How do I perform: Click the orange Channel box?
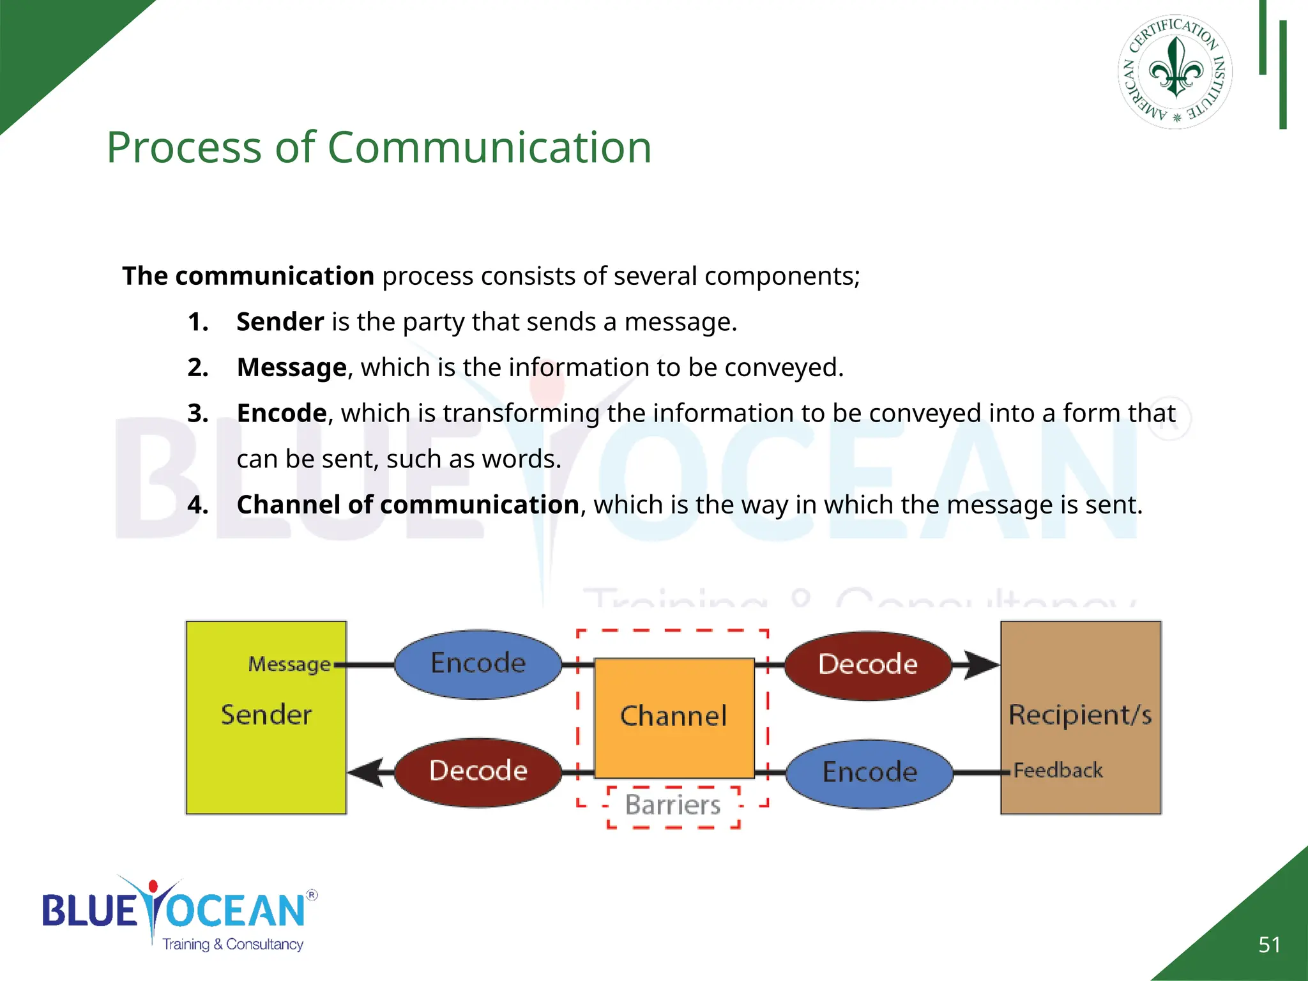click(674, 717)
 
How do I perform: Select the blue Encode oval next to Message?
click(478, 664)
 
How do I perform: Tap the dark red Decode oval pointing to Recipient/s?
click(868, 665)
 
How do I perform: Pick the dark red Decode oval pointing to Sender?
click(478, 772)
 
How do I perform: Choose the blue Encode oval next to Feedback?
click(869, 773)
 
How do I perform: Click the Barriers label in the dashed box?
click(673, 805)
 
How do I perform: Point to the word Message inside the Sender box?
click(289, 665)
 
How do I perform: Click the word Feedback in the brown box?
click(1058, 771)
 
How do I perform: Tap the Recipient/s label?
click(1080, 715)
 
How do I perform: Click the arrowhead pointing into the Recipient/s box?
click(980, 665)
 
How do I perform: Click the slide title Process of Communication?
click(379, 148)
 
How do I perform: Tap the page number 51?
click(1269, 945)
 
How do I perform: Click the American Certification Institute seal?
click(1175, 72)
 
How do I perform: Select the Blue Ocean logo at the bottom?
click(179, 913)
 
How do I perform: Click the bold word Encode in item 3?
click(282, 414)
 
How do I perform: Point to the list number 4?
click(198, 505)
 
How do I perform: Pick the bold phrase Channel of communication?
click(407, 505)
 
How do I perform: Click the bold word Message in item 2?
click(291, 368)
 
